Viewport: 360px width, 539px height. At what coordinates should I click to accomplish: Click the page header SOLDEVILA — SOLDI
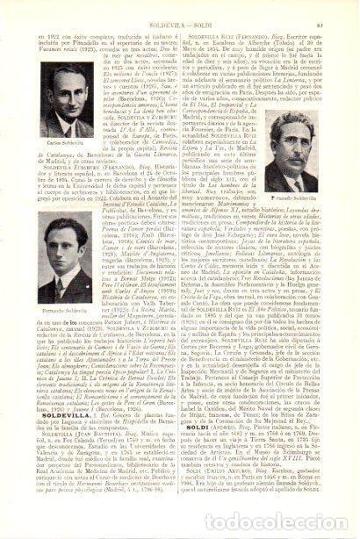[181, 10]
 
